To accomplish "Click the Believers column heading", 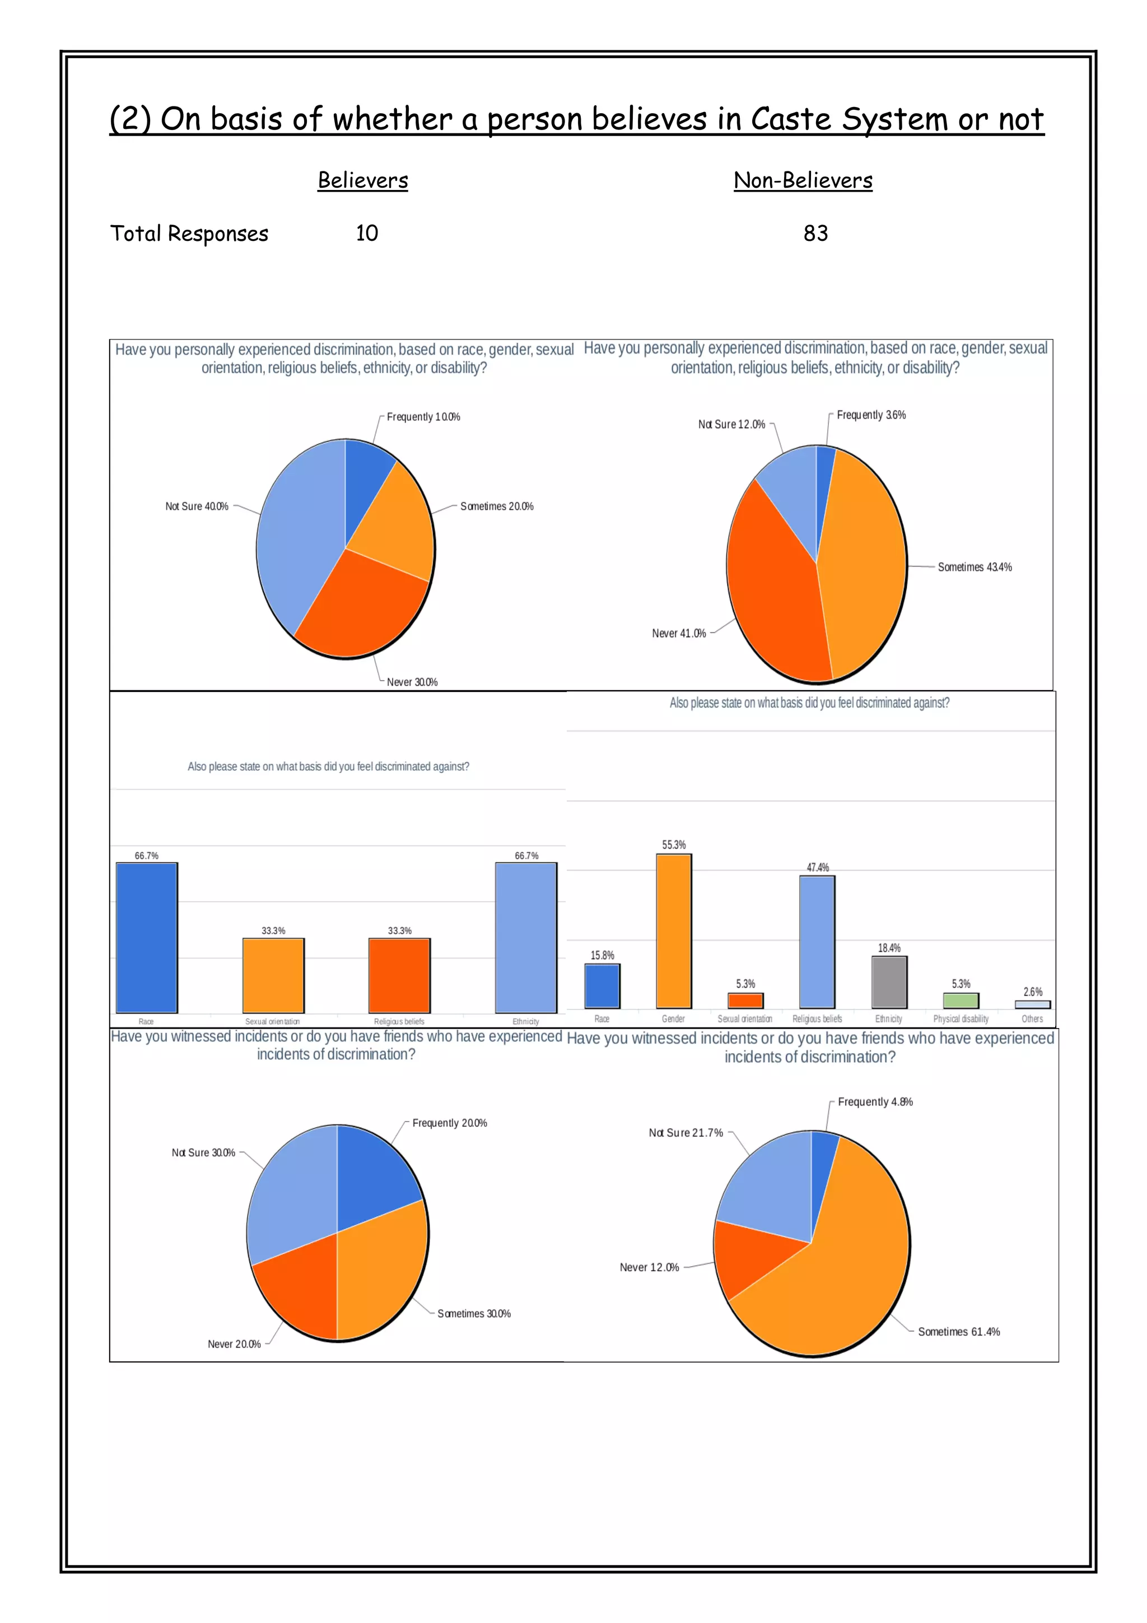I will point(362,180).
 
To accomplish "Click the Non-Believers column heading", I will point(803,180).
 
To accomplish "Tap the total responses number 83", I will point(815,233).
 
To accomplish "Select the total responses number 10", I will point(367,233).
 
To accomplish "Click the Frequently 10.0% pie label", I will point(423,417).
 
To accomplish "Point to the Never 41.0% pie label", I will point(678,634).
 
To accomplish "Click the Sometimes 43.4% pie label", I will point(974,567).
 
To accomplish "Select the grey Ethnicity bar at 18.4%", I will point(889,982).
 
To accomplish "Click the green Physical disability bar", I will point(961,1000).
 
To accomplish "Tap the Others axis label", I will point(1032,1019).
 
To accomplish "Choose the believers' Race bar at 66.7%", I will point(146,937).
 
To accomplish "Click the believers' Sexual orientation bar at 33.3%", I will point(273,975).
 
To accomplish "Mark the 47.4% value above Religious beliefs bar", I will point(818,867).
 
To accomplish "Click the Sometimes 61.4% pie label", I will point(958,1332).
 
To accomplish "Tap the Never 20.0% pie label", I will point(234,1344).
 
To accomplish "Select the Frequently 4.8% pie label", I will point(875,1102).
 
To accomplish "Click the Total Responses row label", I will point(189,234).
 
